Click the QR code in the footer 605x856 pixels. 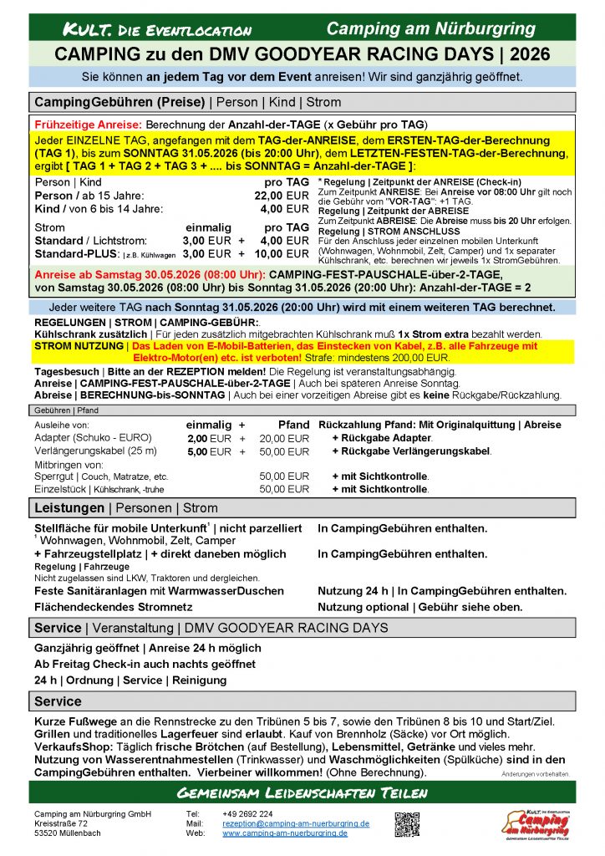[407, 823]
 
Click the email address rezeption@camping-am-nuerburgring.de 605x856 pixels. [296, 823]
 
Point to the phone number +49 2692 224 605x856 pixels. [247, 813]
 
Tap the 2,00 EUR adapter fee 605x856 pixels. [209, 438]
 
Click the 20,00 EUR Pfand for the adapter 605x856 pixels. [284, 438]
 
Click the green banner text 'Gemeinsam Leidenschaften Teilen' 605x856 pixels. [302, 792]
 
